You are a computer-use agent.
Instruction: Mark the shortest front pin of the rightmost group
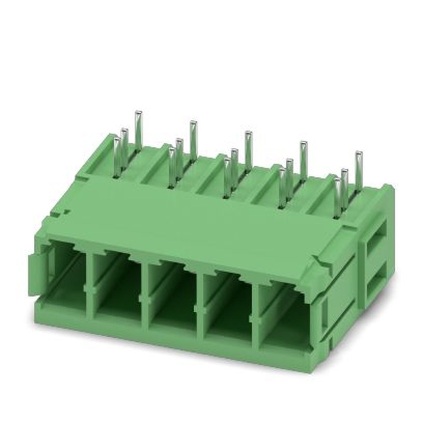337,197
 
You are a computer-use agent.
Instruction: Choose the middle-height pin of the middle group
234,167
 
